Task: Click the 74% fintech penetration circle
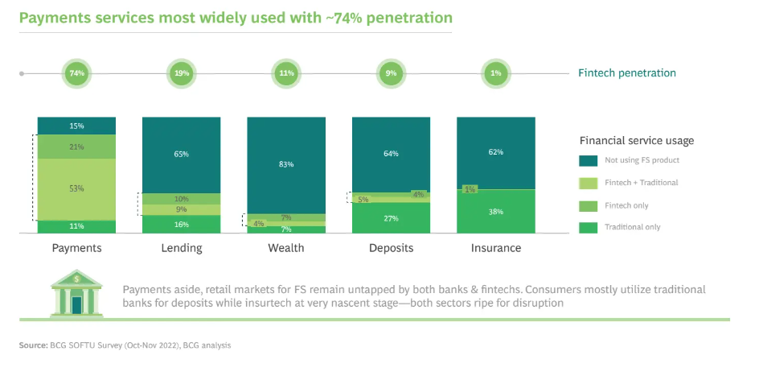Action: click(77, 73)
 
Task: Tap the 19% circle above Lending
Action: click(182, 73)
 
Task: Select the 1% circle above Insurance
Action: click(496, 73)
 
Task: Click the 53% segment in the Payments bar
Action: click(77, 188)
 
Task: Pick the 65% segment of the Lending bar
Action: click(182, 154)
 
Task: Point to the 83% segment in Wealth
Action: click(286, 164)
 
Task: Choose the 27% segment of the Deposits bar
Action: click(391, 217)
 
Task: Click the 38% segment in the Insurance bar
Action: click(496, 211)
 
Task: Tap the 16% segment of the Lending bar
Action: click(182, 225)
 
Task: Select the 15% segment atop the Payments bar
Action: click(77, 126)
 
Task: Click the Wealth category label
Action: click(286, 248)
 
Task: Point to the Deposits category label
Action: click(391, 248)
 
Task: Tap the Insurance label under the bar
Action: click(496, 248)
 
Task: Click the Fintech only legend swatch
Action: click(589, 205)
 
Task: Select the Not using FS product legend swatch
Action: click(589, 160)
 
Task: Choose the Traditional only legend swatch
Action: click(589, 227)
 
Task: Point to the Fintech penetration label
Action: click(627, 73)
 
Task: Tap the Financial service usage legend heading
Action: click(637, 140)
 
